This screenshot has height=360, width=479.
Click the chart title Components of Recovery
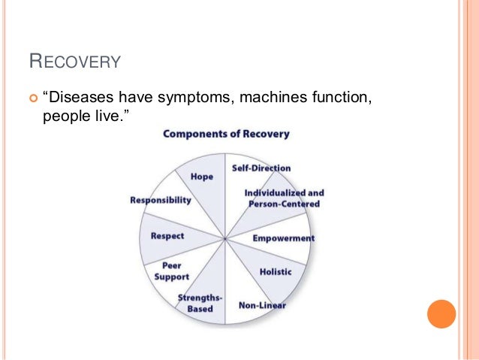(226, 134)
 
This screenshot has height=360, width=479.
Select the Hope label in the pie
(201, 177)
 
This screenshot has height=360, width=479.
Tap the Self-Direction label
(261, 168)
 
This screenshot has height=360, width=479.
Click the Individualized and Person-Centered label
(284, 198)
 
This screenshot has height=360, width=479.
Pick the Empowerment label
(283, 238)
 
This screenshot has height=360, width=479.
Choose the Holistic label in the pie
(275, 271)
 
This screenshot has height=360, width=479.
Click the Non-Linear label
(262, 305)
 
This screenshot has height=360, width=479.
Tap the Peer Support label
(172, 271)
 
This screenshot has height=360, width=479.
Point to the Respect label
(167, 236)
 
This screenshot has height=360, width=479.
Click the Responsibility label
(161, 201)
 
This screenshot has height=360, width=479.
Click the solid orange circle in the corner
(441, 314)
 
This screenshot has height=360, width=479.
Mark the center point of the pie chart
(226, 239)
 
